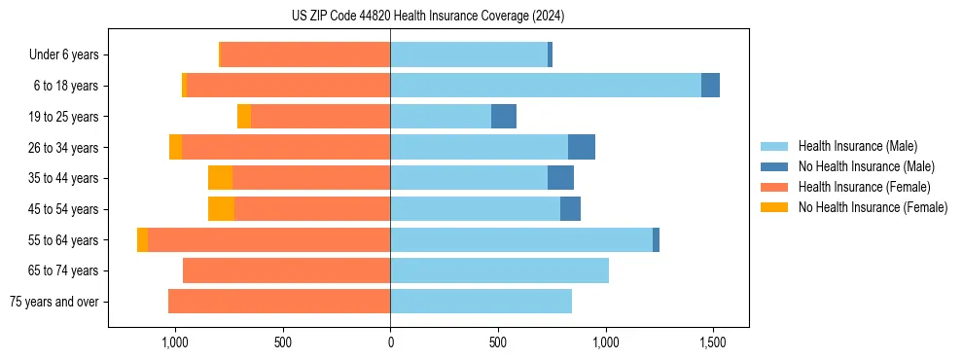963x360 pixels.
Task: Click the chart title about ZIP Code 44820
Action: coord(427,16)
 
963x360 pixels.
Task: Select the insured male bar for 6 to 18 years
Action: coord(546,86)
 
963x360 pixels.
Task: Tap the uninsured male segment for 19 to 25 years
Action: coord(503,117)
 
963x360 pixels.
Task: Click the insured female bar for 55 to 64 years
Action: coord(268,240)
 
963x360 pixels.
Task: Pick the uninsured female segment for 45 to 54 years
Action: coord(221,209)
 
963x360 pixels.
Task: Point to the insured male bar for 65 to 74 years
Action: coord(499,270)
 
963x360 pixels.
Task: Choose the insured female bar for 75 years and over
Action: coord(279,302)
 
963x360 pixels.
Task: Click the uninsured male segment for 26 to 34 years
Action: coord(582,147)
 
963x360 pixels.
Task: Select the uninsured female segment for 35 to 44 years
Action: coord(220,178)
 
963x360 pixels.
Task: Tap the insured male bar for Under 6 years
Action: coord(469,54)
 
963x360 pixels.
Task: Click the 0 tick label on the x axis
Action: coord(390,343)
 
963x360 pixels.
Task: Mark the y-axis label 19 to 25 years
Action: coord(64,117)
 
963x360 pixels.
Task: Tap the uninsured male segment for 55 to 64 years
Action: coord(656,240)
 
